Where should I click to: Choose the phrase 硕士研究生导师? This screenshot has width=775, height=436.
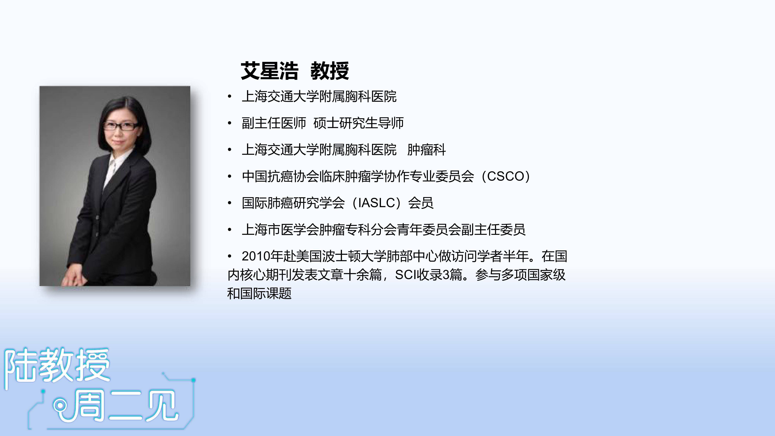pyautogui.click(x=358, y=123)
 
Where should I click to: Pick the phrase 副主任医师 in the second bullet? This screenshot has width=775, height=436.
pyautogui.click(x=274, y=123)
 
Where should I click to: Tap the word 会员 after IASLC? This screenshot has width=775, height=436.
pyautogui.click(x=421, y=203)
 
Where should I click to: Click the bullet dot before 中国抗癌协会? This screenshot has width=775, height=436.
pyautogui.click(x=230, y=176)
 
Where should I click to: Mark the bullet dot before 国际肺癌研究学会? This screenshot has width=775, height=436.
pyautogui.click(x=230, y=203)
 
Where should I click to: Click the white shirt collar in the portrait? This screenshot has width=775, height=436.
pyautogui.click(x=114, y=167)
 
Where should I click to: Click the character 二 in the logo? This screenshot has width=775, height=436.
pyautogui.click(x=126, y=406)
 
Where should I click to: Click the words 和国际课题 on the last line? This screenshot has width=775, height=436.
pyautogui.click(x=259, y=293)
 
